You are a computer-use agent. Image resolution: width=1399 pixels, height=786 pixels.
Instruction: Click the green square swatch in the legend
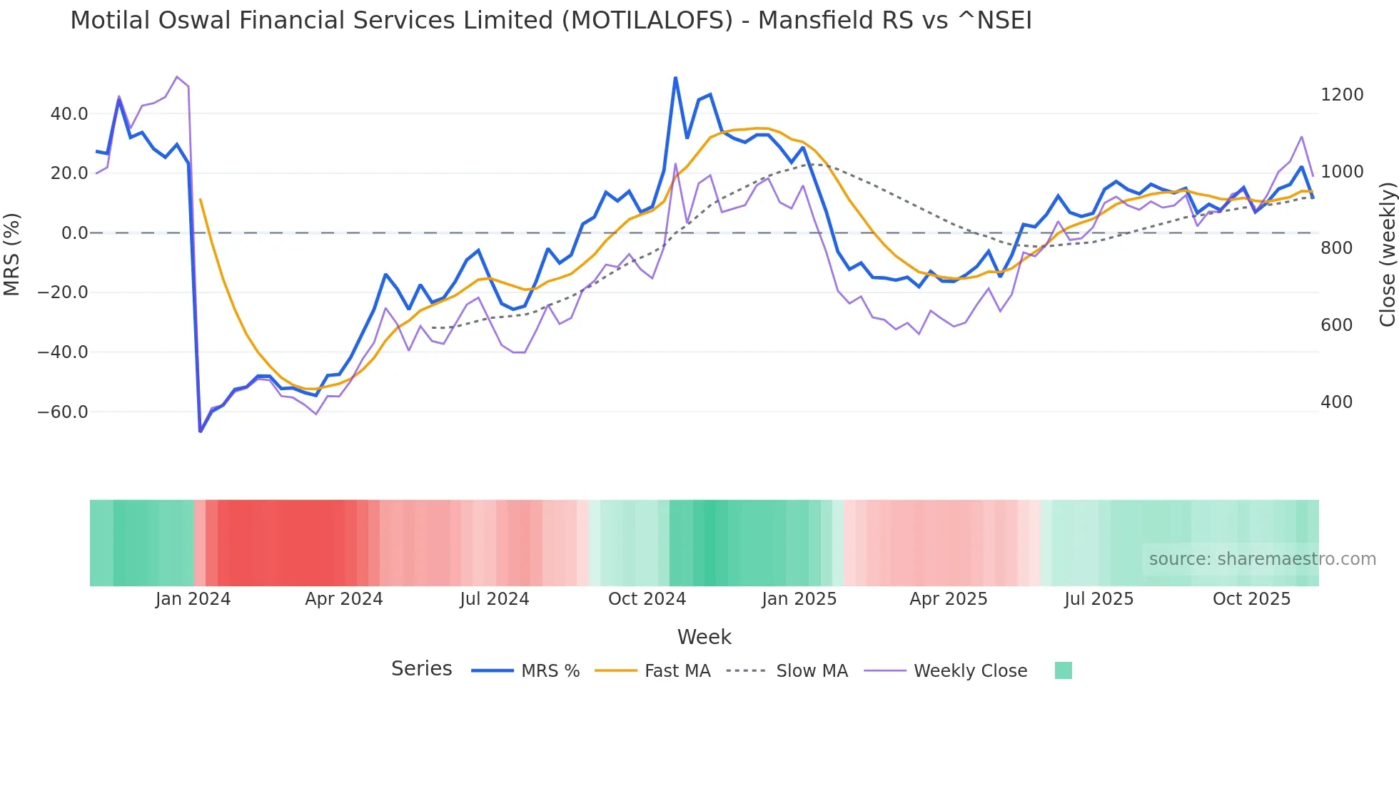click(x=1063, y=670)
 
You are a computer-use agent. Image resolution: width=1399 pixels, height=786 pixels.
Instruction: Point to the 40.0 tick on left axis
click(x=69, y=114)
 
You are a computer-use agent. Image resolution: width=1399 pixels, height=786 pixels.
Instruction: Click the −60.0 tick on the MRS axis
click(x=63, y=412)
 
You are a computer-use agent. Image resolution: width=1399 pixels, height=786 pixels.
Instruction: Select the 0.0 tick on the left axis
click(x=75, y=233)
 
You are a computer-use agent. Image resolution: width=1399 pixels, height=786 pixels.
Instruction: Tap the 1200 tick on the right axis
click(x=1342, y=95)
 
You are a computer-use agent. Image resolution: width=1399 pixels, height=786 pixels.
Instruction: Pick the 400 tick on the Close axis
click(x=1336, y=402)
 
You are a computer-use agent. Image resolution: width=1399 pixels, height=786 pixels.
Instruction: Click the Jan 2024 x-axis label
click(x=193, y=599)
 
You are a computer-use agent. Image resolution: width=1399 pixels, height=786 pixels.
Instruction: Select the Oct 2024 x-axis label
click(x=647, y=599)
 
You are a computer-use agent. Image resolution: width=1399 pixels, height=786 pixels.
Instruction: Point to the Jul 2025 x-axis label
click(x=1099, y=599)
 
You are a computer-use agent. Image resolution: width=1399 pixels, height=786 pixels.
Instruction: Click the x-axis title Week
click(x=704, y=637)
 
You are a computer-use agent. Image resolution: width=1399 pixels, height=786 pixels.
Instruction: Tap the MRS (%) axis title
click(x=12, y=254)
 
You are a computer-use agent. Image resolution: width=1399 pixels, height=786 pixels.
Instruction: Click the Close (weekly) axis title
click(x=1387, y=254)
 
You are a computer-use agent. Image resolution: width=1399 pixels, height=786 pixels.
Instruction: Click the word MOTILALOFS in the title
click(x=647, y=21)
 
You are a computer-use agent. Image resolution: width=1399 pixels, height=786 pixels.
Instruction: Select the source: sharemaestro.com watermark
click(x=1262, y=559)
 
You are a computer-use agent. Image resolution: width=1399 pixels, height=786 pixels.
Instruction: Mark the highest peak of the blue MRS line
click(x=675, y=78)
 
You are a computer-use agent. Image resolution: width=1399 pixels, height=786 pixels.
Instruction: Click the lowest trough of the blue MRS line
click(x=201, y=431)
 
